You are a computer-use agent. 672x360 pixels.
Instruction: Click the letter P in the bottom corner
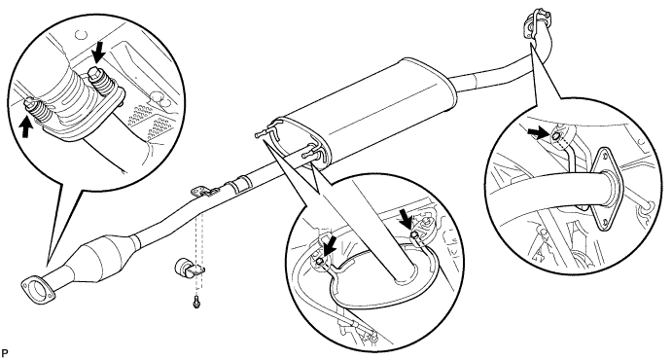click(x=4, y=353)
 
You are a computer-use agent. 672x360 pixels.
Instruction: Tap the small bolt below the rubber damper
click(x=196, y=304)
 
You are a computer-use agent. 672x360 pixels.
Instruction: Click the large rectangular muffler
click(x=365, y=111)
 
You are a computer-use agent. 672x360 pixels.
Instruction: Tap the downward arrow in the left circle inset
click(x=99, y=53)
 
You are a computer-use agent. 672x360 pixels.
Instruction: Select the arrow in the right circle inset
click(x=538, y=133)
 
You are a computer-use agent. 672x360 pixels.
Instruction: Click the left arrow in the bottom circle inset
click(x=328, y=249)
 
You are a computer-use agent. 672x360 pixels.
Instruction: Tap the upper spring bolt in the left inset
click(x=99, y=82)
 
